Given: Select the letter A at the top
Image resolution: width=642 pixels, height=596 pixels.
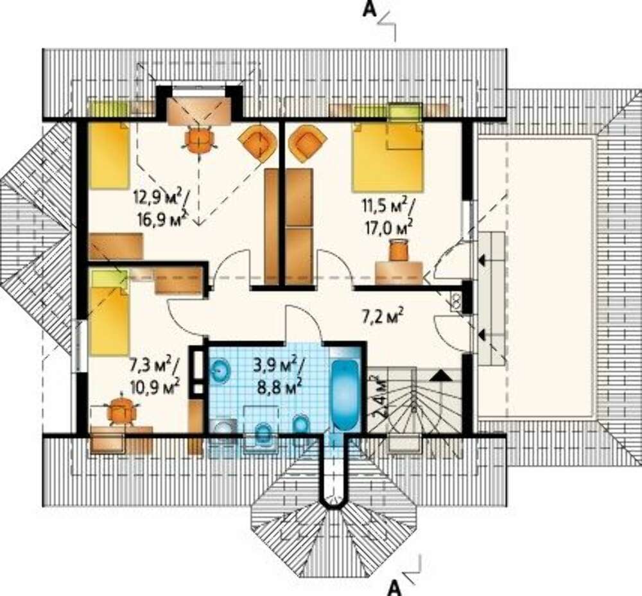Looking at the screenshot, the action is click(x=369, y=10).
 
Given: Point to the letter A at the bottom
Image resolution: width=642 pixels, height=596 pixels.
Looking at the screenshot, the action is click(x=394, y=588).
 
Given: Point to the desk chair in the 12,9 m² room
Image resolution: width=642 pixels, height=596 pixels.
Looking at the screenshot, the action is click(x=199, y=139).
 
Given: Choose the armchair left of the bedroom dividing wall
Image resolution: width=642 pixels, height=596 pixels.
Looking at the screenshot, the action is click(x=256, y=143).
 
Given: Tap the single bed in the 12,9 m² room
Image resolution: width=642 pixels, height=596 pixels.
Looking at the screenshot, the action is click(x=109, y=155).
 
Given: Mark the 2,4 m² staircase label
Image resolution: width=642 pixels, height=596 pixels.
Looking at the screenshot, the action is click(x=378, y=397).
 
